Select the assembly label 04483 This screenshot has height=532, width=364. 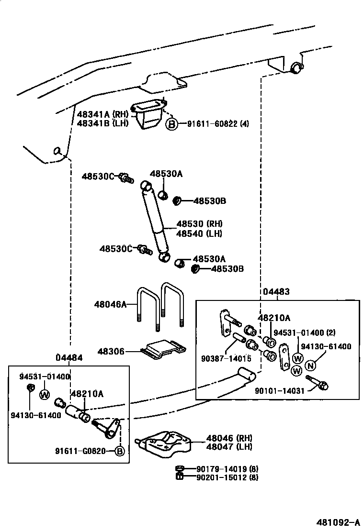276,292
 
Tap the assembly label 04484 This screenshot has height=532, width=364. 68,357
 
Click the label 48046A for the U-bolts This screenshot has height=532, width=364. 110,304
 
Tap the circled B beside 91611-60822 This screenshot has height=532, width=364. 171,124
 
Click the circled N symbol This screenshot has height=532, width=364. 310,366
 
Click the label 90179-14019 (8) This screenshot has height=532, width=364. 227,469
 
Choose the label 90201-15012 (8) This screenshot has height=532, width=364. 227,477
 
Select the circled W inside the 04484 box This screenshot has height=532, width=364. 44,394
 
